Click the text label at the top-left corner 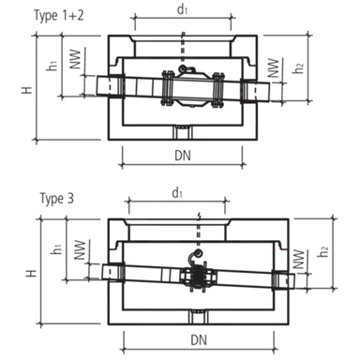(x=59, y=13)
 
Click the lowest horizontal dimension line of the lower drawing (x=197, y=347)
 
